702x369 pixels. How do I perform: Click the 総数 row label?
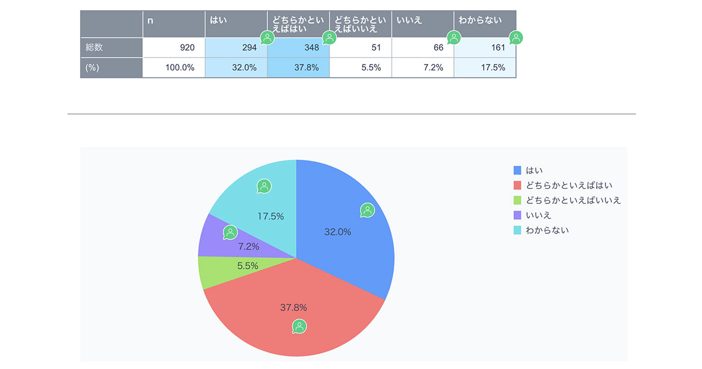pyautogui.click(x=95, y=47)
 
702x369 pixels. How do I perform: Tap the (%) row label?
pyautogui.click(x=92, y=67)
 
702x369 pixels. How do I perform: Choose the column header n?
pyautogui.click(x=150, y=20)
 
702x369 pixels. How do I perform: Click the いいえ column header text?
pyautogui.click(x=409, y=20)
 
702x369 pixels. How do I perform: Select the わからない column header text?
pyautogui.click(x=480, y=20)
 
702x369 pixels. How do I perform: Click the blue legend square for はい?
pyautogui.click(x=517, y=170)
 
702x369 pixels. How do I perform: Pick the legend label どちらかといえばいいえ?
pyautogui.click(x=573, y=200)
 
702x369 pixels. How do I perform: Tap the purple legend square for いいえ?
pyautogui.click(x=517, y=216)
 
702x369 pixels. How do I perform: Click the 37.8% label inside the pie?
pyautogui.click(x=294, y=307)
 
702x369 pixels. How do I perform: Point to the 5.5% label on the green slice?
pyautogui.click(x=248, y=265)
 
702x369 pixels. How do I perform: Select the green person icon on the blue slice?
pyautogui.click(x=367, y=210)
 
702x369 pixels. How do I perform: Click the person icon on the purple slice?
pyautogui.click(x=230, y=233)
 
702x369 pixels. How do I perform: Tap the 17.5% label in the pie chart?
pyautogui.click(x=271, y=216)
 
